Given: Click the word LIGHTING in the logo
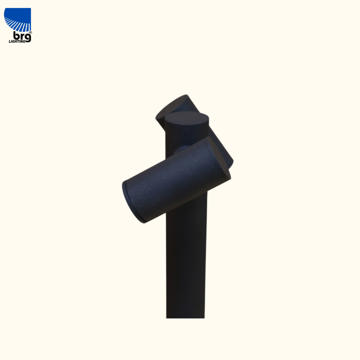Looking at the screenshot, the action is (x=17, y=41).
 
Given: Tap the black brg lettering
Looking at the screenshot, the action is (x=22, y=37).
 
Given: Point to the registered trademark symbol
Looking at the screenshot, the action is (x=31, y=33).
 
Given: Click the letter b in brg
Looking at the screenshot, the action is (x=16, y=36).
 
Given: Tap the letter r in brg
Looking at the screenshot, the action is (x=22, y=37).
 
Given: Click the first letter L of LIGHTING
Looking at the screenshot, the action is (x=10, y=41).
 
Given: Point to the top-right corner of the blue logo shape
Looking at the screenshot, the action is (x=31, y=8).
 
